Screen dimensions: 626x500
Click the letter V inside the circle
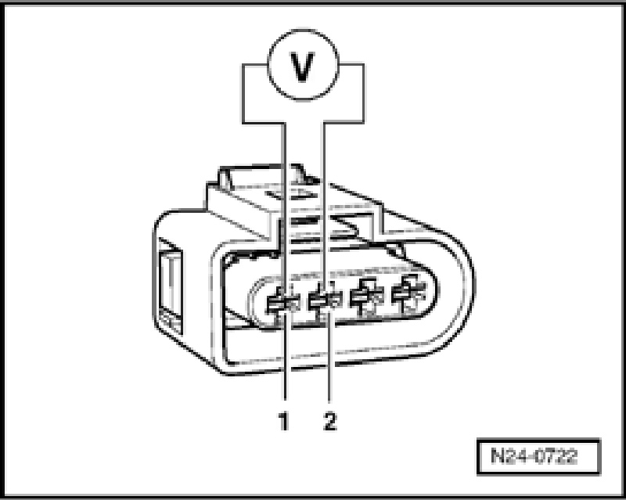coord(302,69)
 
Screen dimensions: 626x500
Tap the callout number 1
coord(284,423)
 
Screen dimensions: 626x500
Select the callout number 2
coord(329,423)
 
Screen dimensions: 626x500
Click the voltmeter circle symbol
coord(302,69)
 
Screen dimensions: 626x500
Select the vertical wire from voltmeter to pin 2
coord(324,196)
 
